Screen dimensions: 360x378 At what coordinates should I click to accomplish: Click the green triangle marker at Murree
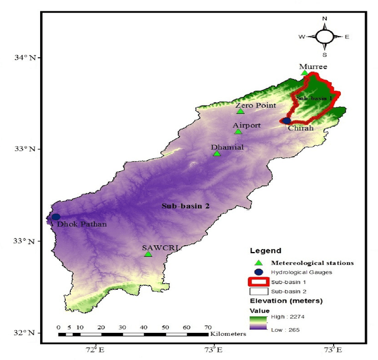305,73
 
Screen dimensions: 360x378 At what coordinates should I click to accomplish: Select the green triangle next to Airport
238,131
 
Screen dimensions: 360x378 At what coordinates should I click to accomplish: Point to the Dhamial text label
227,147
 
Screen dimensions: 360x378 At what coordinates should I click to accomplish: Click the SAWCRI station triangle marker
148,254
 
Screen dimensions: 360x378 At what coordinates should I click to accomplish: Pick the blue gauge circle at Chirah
286,120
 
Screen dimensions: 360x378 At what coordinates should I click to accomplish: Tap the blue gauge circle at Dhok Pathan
56,217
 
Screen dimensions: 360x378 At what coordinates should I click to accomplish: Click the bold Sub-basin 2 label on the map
186,206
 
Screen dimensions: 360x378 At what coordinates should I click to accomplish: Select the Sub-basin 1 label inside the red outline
313,97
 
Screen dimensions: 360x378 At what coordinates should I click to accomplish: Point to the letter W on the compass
301,37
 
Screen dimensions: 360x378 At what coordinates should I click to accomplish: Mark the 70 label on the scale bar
208,326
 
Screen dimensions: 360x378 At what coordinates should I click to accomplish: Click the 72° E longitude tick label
94,350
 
